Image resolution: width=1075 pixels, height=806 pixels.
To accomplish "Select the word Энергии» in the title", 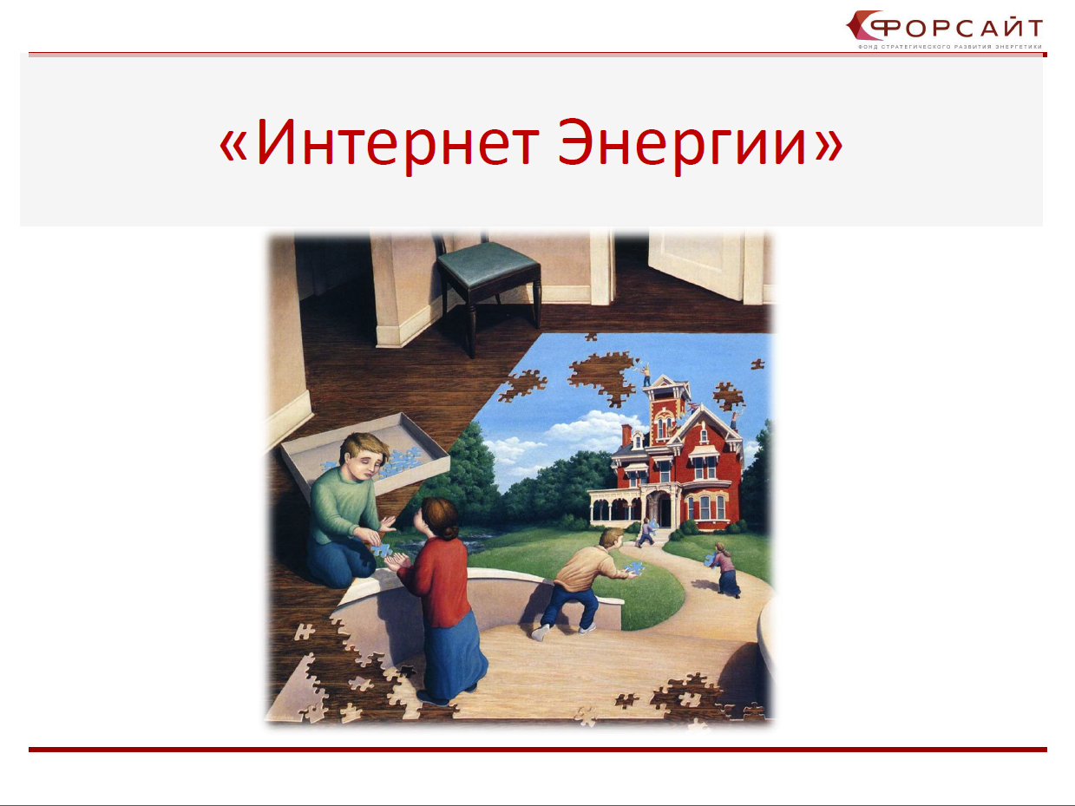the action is click(x=700, y=146).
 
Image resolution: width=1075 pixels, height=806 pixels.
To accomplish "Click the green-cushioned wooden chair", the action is click(x=488, y=289).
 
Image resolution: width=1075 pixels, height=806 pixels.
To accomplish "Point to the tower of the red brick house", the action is click(x=665, y=410).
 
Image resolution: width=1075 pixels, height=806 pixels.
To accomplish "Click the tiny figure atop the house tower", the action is click(x=646, y=374).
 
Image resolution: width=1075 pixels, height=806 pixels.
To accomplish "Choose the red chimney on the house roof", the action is click(x=626, y=435).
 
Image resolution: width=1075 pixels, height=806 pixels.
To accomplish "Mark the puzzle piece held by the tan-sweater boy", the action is click(x=633, y=568).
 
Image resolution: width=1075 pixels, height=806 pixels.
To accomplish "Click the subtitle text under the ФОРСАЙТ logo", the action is click(x=949, y=47).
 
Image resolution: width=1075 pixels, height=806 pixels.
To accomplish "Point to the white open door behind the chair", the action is click(x=697, y=265).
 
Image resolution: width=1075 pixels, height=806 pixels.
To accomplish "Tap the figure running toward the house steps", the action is click(x=646, y=533).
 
